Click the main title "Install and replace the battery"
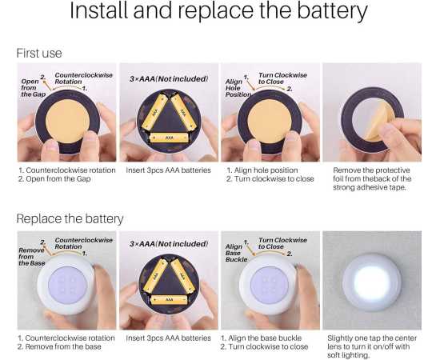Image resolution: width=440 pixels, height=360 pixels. pyautogui.click(x=218, y=11)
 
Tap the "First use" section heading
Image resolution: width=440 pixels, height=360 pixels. pyautogui.click(x=39, y=53)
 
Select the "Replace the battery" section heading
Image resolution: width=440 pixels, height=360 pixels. pyautogui.click(x=70, y=218)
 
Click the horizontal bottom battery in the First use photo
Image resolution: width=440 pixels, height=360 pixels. pyautogui.click(x=169, y=138)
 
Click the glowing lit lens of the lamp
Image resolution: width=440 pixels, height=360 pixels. pyautogui.click(x=372, y=282)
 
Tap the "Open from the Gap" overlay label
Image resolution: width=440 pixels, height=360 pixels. pyautogui.click(x=33, y=87)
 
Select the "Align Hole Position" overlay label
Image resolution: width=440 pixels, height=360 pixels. pyautogui.click(x=238, y=88)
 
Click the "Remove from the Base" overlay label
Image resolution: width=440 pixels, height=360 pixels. pyautogui.click(x=32, y=257)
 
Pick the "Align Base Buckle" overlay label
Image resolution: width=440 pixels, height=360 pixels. pyautogui.click(x=236, y=253)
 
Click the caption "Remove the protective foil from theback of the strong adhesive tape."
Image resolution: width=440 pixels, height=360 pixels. pyautogui.click(x=372, y=178)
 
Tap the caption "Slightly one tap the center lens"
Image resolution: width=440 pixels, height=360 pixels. pyautogui.click(x=372, y=342)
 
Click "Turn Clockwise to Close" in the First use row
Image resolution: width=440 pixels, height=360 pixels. pyautogui.click(x=282, y=78)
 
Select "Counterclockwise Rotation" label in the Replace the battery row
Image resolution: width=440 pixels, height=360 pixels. pyautogui.click(x=84, y=243)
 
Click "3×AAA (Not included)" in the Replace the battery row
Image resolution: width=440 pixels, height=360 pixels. pyautogui.click(x=169, y=244)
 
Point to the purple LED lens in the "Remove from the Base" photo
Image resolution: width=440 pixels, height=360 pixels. pyautogui.click(x=67, y=285)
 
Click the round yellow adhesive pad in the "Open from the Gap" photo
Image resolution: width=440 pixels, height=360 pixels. pyautogui.click(x=68, y=122)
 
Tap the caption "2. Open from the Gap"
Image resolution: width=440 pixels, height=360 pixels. pyautogui.click(x=54, y=178)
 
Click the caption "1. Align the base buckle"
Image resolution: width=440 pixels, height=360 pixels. pyautogui.click(x=261, y=338)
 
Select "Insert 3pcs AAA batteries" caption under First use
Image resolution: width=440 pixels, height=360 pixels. pyautogui.click(x=168, y=170)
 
